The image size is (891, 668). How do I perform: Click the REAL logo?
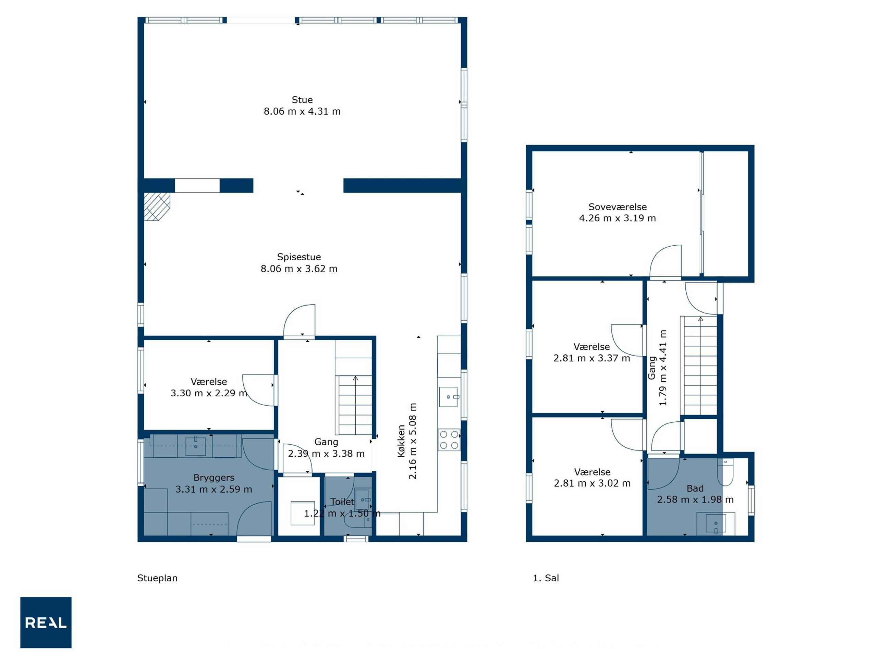coord(46,622)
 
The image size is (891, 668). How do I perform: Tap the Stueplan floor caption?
coord(157,578)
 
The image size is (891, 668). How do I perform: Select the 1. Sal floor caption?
coord(546,578)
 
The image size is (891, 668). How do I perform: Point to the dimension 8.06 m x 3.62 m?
coord(299,269)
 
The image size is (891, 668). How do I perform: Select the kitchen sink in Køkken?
coord(448,397)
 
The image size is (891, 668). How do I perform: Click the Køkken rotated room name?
coord(401,441)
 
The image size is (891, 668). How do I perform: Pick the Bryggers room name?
coord(214,478)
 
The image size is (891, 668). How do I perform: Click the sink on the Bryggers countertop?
coord(196,446)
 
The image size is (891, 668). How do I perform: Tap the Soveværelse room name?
coord(618,207)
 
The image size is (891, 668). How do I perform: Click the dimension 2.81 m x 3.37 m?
coord(592,358)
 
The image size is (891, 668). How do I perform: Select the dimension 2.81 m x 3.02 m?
coord(592,483)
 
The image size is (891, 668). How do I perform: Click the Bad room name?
coord(695,488)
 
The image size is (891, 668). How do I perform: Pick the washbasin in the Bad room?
coord(716,523)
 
